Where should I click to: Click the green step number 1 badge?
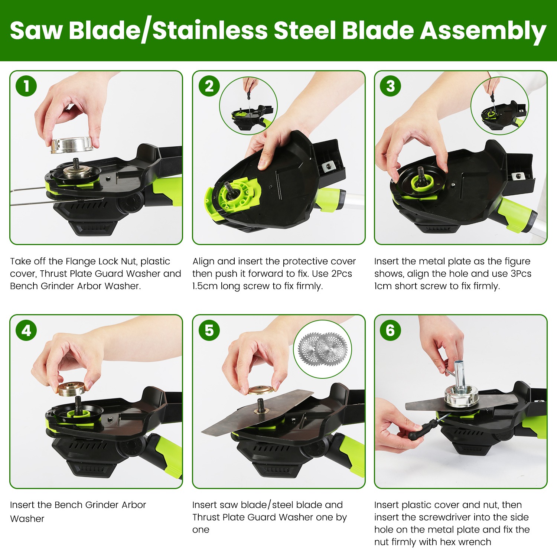coord(26,86)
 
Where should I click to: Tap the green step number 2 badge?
coord(209,86)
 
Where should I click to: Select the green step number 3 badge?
coord(390,86)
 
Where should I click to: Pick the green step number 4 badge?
coord(26,330)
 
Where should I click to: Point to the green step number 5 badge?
coord(209,330)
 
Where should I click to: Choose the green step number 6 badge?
coord(390,330)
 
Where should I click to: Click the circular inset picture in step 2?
coord(248,105)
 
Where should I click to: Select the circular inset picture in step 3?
coord(500,105)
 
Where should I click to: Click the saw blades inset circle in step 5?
coord(322,349)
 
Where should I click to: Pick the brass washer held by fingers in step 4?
coord(72,388)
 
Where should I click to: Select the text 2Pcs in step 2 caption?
coord(342,274)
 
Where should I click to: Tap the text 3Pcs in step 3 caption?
coord(521,274)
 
